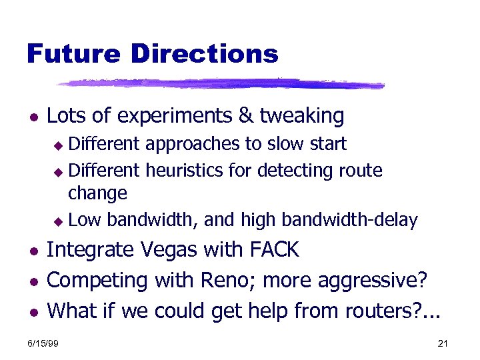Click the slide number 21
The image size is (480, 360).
tap(443, 343)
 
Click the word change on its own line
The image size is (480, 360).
tap(97, 194)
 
